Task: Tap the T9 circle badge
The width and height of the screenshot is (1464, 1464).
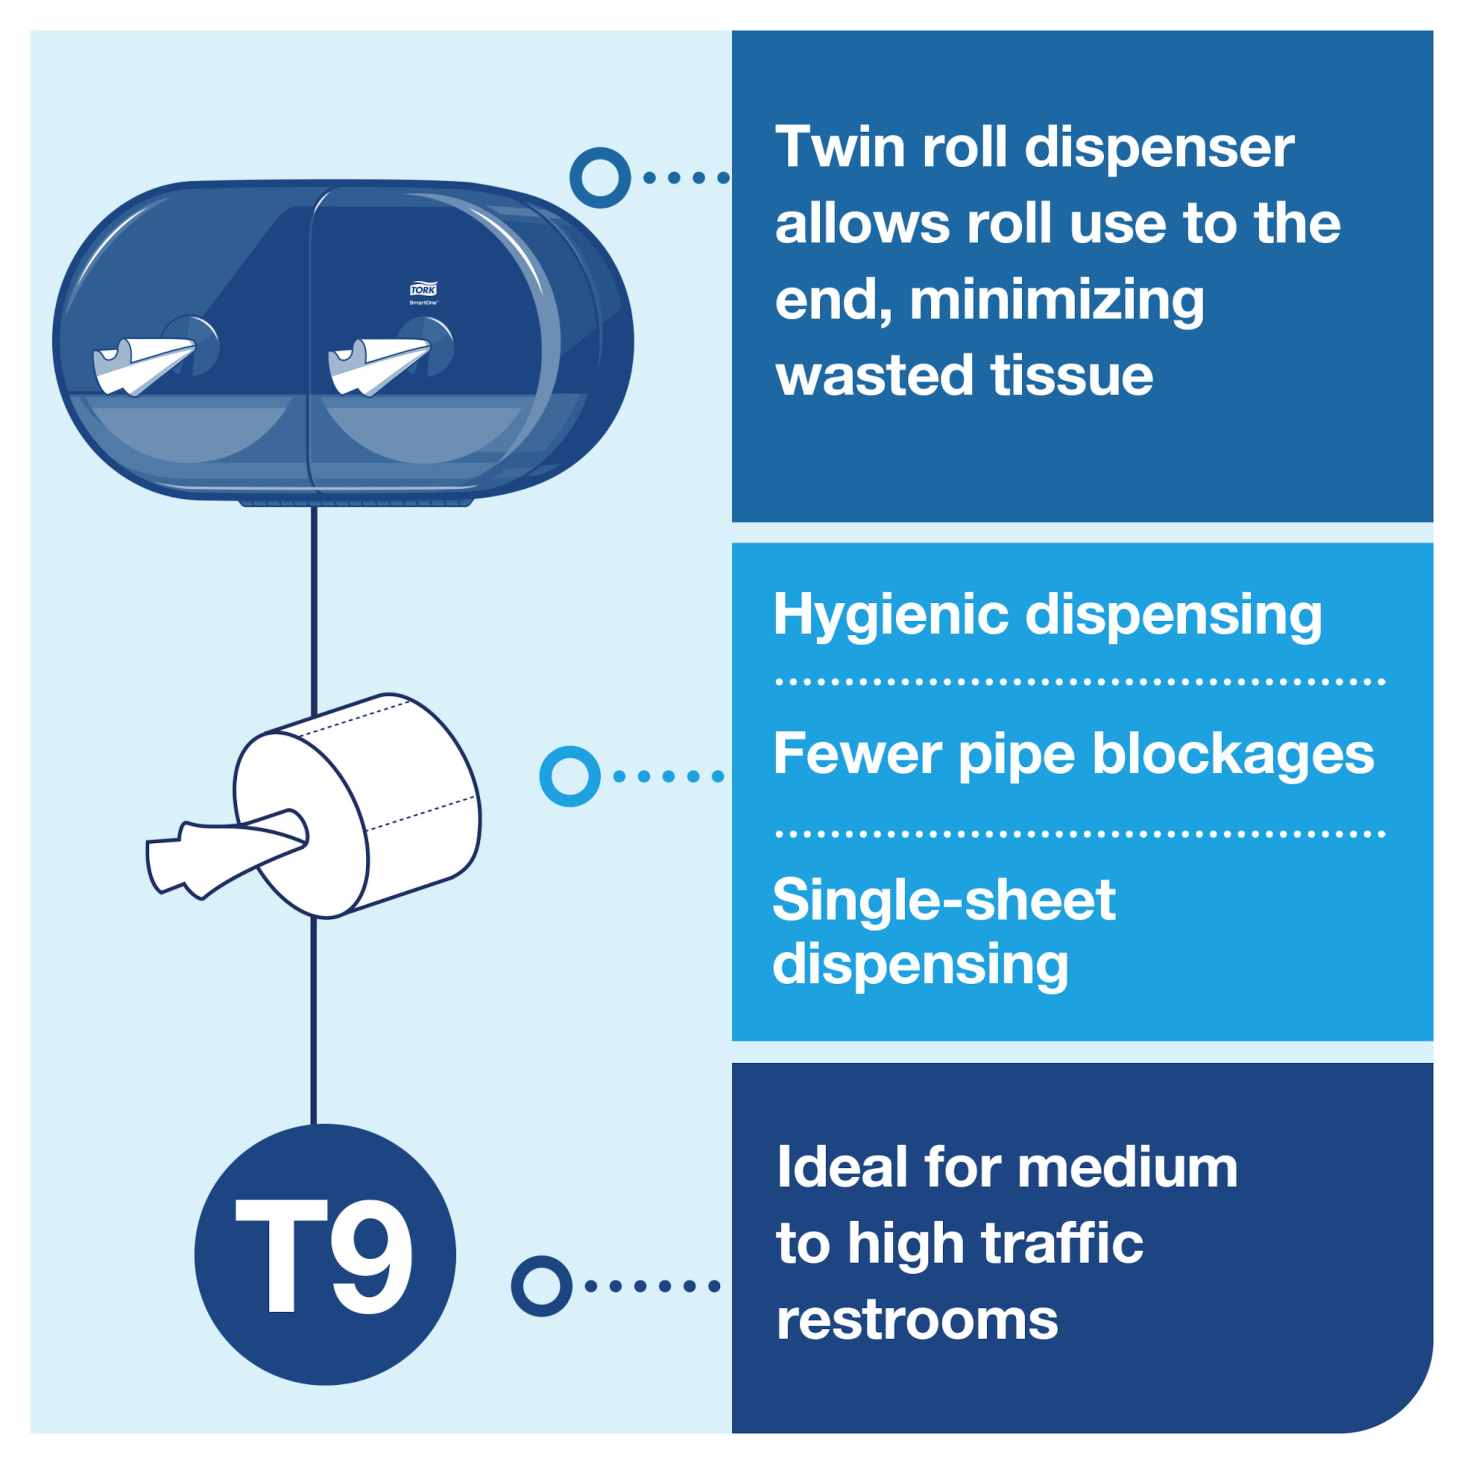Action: coord(325,1254)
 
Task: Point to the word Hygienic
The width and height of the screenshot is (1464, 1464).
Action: coord(890,615)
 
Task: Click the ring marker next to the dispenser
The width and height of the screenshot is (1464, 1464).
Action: coord(600,177)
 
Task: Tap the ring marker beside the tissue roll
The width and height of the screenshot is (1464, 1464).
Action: coord(570,776)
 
